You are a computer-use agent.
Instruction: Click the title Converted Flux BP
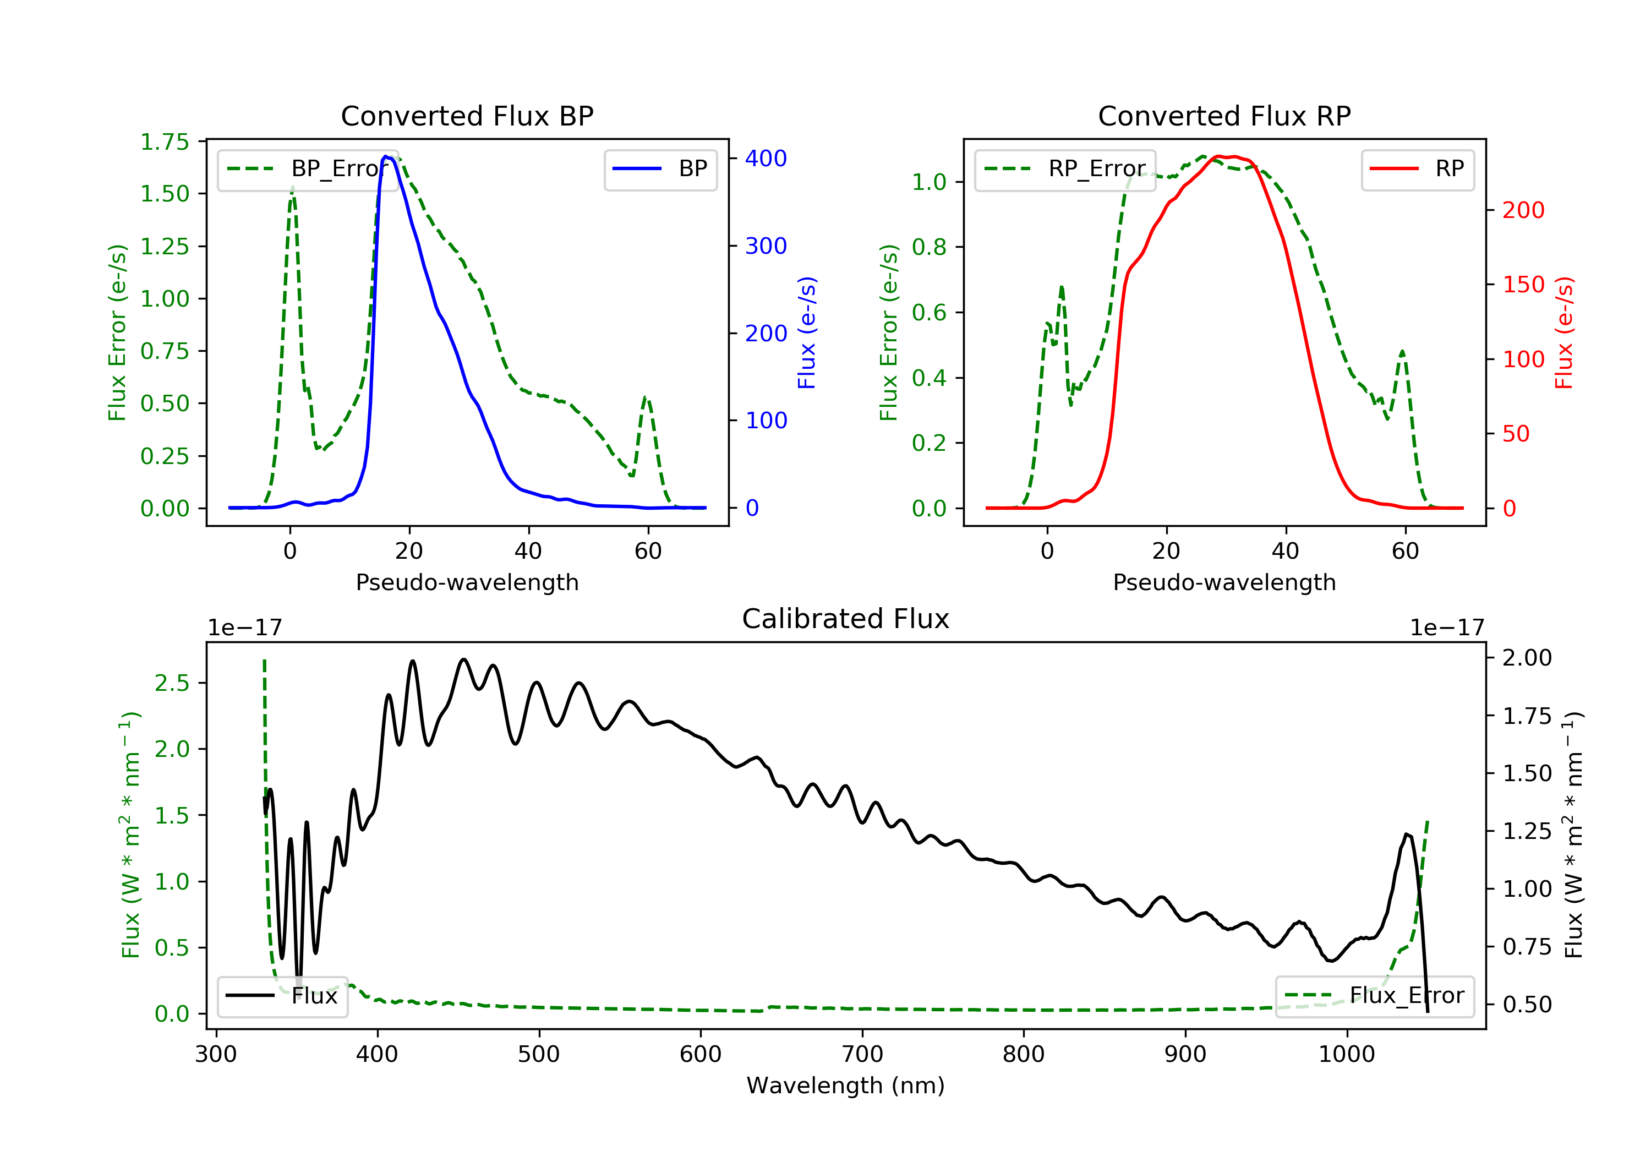point(467,116)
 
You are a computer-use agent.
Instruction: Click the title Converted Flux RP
point(1224,116)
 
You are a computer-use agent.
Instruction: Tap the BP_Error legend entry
point(308,169)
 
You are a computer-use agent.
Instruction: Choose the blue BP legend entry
point(660,169)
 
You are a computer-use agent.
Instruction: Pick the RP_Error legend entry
point(1065,169)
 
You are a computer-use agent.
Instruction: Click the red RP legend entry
point(1417,169)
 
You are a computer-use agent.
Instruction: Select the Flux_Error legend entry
point(1374,996)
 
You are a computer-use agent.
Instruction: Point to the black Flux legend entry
point(282,996)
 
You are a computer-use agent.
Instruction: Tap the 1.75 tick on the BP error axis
point(165,141)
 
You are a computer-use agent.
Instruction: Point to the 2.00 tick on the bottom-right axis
point(1527,657)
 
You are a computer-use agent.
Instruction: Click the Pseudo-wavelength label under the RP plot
point(1224,582)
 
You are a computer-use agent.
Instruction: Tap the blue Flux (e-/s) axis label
point(807,332)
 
